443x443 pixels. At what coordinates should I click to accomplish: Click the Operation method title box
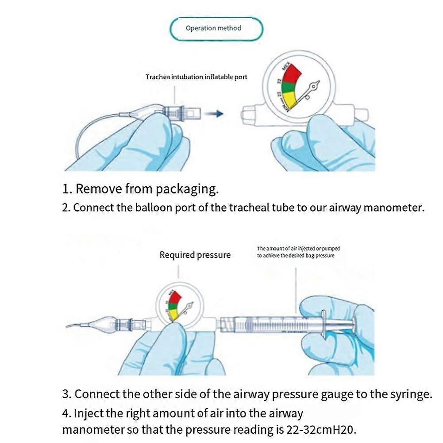coord(216,29)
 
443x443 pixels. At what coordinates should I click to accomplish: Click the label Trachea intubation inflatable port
coord(196,77)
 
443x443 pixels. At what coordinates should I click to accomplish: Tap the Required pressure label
coord(195,255)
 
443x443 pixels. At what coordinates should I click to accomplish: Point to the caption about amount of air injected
coord(298,252)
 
